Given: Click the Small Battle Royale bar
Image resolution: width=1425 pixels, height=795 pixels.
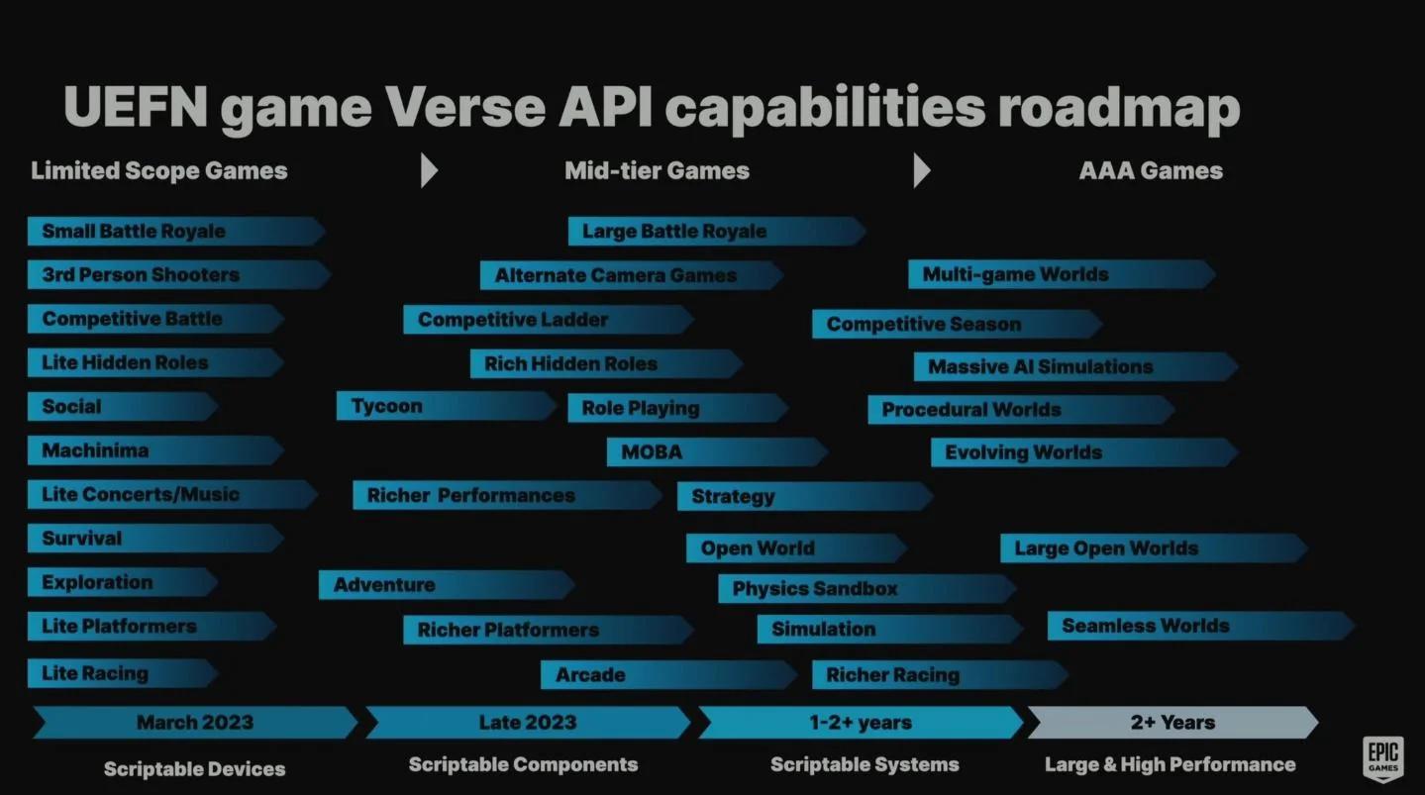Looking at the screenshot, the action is (176, 231).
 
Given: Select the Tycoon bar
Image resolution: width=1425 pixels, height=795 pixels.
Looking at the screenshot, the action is (446, 406).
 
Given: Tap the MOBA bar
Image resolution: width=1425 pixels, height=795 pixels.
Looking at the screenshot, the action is (717, 452).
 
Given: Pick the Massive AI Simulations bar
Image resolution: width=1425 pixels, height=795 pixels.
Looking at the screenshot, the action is (1075, 366).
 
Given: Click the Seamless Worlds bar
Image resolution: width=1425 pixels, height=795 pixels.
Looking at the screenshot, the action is (1201, 626).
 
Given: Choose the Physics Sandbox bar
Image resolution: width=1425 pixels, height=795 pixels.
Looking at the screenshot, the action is (866, 588).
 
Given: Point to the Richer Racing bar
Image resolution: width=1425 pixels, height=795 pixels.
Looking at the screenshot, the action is (940, 674).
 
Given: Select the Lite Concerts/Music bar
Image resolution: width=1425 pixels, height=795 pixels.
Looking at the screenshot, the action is (172, 494).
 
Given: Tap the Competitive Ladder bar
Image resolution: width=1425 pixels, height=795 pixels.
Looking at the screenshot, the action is (549, 319).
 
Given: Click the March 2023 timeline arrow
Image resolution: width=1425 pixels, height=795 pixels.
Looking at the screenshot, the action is (195, 723).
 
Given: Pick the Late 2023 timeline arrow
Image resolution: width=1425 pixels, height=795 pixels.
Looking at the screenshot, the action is (528, 723).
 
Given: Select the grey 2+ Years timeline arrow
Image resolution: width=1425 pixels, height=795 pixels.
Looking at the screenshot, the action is (1173, 723).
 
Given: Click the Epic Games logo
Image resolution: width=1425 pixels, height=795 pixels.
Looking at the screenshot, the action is (1383, 758).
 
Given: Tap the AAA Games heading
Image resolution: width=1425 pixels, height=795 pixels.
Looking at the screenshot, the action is (1151, 170).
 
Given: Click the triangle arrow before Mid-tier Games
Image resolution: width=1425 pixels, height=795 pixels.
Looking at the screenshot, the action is (429, 170).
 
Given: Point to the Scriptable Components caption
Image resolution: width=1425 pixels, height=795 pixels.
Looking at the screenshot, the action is (523, 764).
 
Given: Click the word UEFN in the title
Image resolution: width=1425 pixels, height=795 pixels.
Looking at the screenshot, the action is (136, 106).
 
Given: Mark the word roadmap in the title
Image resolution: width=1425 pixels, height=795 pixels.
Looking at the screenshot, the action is (1119, 108).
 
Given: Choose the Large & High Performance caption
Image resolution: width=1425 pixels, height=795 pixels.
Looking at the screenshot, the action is (1170, 764).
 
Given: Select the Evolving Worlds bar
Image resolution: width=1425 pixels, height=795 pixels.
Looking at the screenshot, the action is (1084, 452).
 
